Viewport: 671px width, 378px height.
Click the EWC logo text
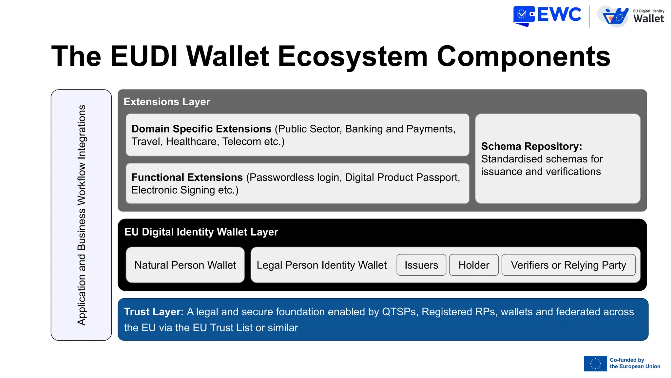pos(559,15)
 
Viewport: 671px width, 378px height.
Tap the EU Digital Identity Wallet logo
pos(630,16)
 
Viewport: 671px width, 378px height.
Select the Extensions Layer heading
pos(167,102)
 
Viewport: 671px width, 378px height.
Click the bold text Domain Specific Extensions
pos(201,129)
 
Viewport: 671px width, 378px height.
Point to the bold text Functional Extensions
pos(187,178)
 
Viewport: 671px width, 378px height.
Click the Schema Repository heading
pos(531,146)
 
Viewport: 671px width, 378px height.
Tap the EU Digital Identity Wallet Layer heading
pos(201,232)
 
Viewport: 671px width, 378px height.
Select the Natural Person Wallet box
pos(185,265)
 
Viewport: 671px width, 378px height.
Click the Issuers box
pos(421,265)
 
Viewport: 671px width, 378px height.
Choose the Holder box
pos(474,265)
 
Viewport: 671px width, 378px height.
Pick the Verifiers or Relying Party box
pos(568,265)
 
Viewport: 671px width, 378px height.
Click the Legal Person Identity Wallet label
pos(321,265)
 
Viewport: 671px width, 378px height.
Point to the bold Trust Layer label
pos(154,312)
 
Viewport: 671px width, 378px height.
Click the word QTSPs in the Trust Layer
pos(400,312)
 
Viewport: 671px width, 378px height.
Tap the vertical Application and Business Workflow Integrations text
pos(82,215)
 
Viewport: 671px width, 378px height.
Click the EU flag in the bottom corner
pos(595,364)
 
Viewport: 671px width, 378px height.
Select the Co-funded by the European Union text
pos(635,363)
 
